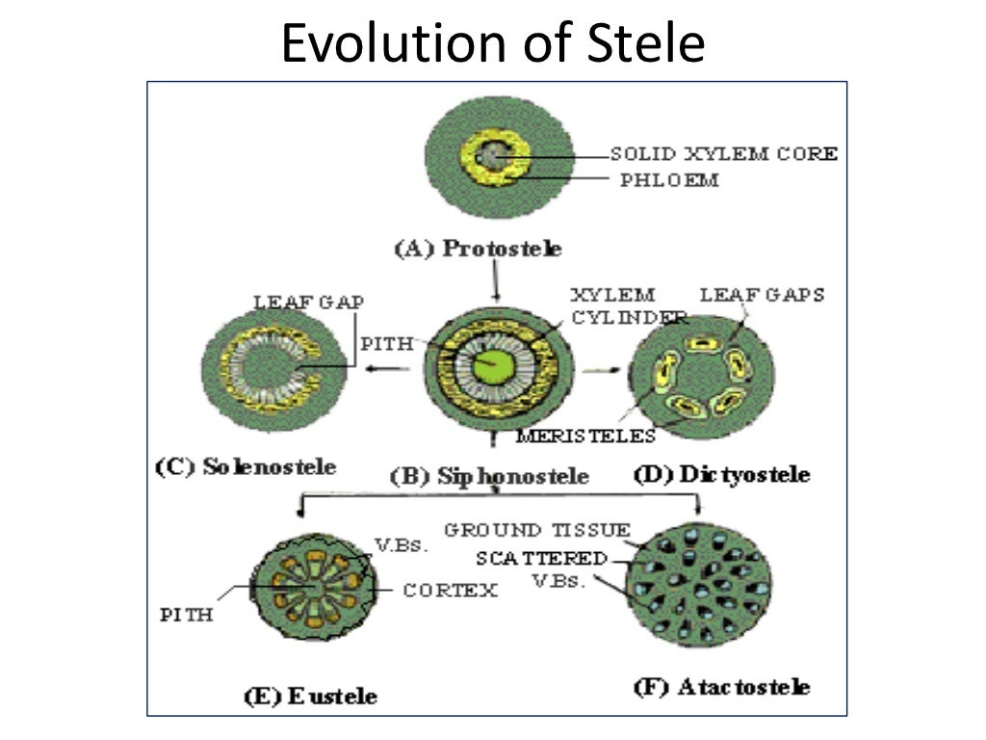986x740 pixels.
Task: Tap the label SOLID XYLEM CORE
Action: [724, 153]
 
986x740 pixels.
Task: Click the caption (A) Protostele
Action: [479, 249]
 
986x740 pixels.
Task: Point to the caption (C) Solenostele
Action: [246, 467]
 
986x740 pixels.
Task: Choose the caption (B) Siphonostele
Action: [488, 476]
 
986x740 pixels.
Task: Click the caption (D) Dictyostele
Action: [720, 474]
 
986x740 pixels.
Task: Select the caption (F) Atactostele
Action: [720, 687]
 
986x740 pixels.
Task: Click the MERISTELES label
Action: [585, 436]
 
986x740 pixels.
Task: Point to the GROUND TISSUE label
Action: [537, 531]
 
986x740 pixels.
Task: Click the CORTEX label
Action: [450, 591]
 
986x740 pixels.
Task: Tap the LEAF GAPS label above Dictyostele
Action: [762, 295]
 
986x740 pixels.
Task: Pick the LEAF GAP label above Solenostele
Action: [308, 302]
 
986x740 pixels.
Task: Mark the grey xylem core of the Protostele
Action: [495, 154]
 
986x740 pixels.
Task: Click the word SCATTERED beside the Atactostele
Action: [541, 559]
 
